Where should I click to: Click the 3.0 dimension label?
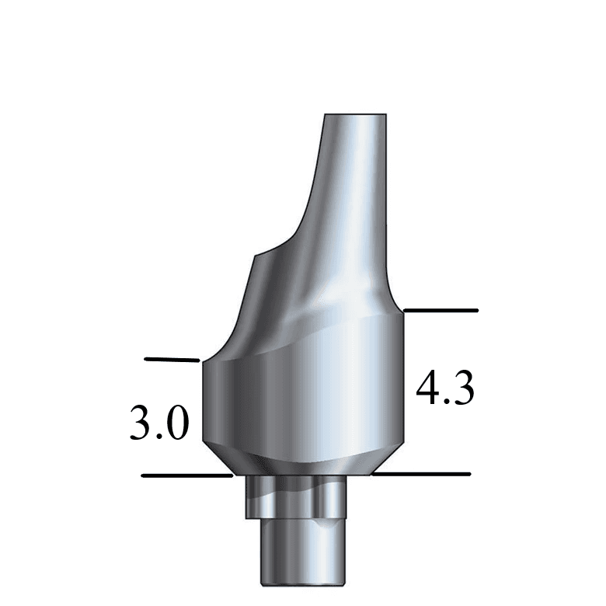158,423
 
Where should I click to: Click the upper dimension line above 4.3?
441,310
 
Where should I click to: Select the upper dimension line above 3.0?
172,360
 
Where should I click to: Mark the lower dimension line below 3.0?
186,475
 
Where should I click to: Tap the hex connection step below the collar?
295,497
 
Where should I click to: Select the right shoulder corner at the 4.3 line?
403,311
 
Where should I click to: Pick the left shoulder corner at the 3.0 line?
202,360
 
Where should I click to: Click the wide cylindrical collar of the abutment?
303,404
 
